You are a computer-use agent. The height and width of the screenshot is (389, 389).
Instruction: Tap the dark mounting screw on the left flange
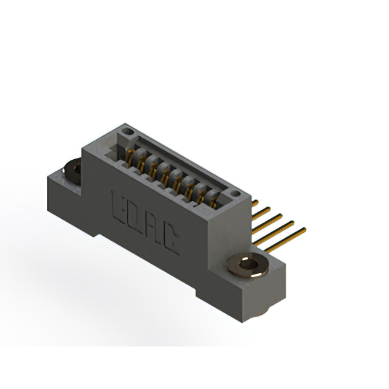[x=72, y=171]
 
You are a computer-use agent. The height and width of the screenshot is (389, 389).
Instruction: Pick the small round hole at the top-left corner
[x=128, y=131]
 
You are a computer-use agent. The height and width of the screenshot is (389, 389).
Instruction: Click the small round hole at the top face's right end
[x=235, y=193]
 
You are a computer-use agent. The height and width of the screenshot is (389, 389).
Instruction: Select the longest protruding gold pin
[x=285, y=240]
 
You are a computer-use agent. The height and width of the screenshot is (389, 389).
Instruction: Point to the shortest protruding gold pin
[x=255, y=204]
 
